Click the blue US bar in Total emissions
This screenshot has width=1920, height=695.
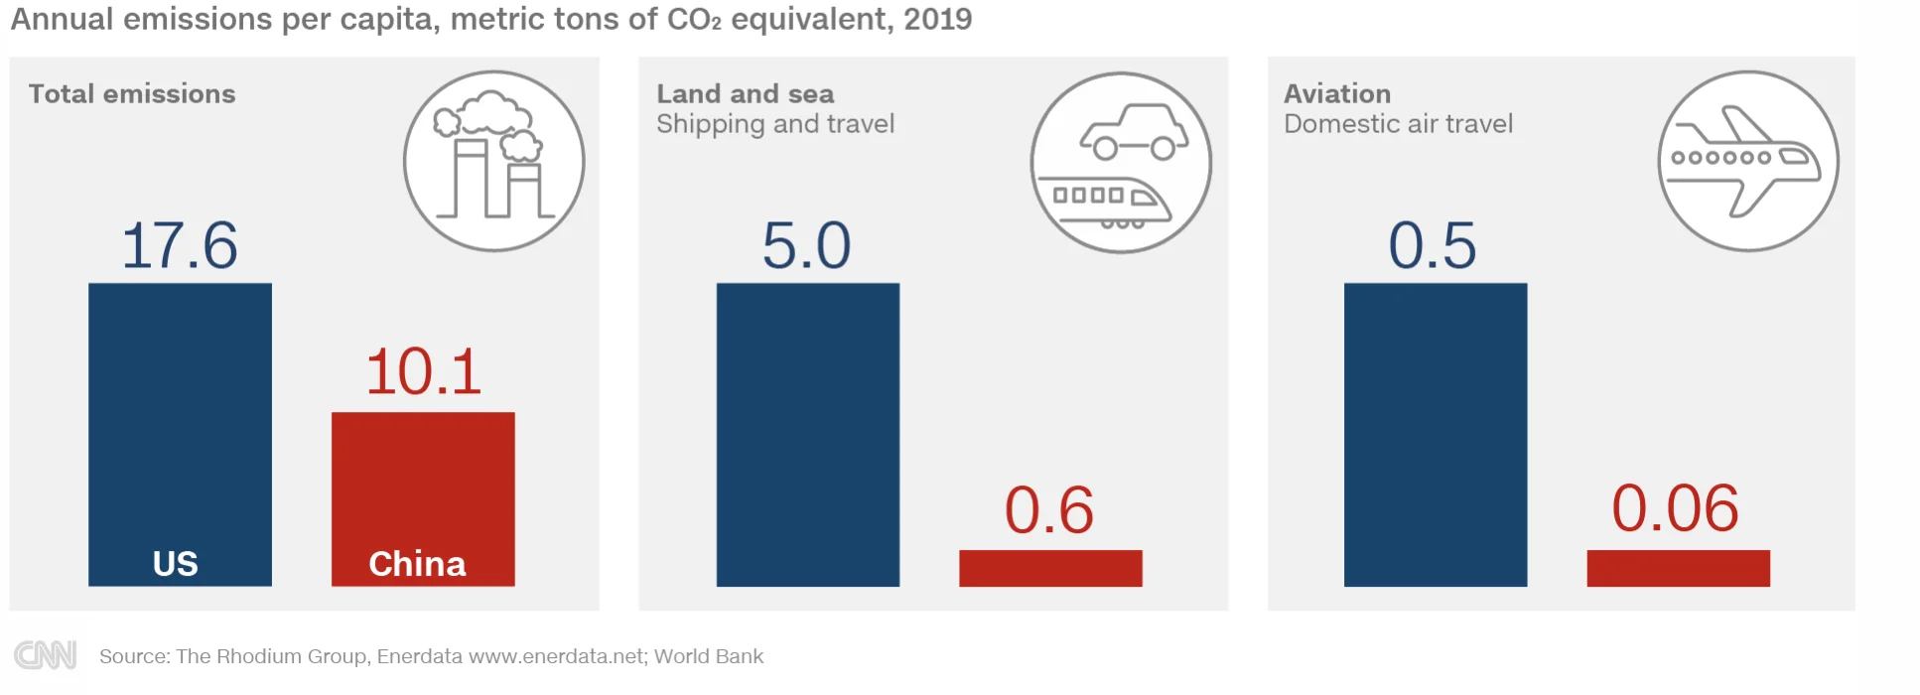point(180,434)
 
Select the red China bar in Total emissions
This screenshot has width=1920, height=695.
point(423,498)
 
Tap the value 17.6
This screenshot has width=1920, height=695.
point(180,245)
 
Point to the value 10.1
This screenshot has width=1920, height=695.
point(424,371)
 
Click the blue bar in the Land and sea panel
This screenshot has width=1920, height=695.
point(808,434)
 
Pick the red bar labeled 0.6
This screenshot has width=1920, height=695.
point(1050,568)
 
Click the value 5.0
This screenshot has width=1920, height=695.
point(806,245)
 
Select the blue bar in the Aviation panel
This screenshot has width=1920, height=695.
point(1436,434)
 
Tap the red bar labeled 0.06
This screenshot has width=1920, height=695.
point(1679,568)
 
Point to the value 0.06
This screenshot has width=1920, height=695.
point(1676,508)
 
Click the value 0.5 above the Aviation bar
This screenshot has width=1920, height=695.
point(1433,245)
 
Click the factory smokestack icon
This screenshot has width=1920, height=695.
point(494,161)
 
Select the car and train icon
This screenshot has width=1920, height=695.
point(1122,162)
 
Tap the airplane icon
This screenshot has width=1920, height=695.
point(1749,161)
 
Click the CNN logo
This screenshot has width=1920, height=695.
point(46,655)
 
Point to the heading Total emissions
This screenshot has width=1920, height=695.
point(132,93)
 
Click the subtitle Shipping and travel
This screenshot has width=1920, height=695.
point(775,124)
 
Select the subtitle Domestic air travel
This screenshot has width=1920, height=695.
point(1399,124)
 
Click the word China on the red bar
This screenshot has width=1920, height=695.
point(417,564)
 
